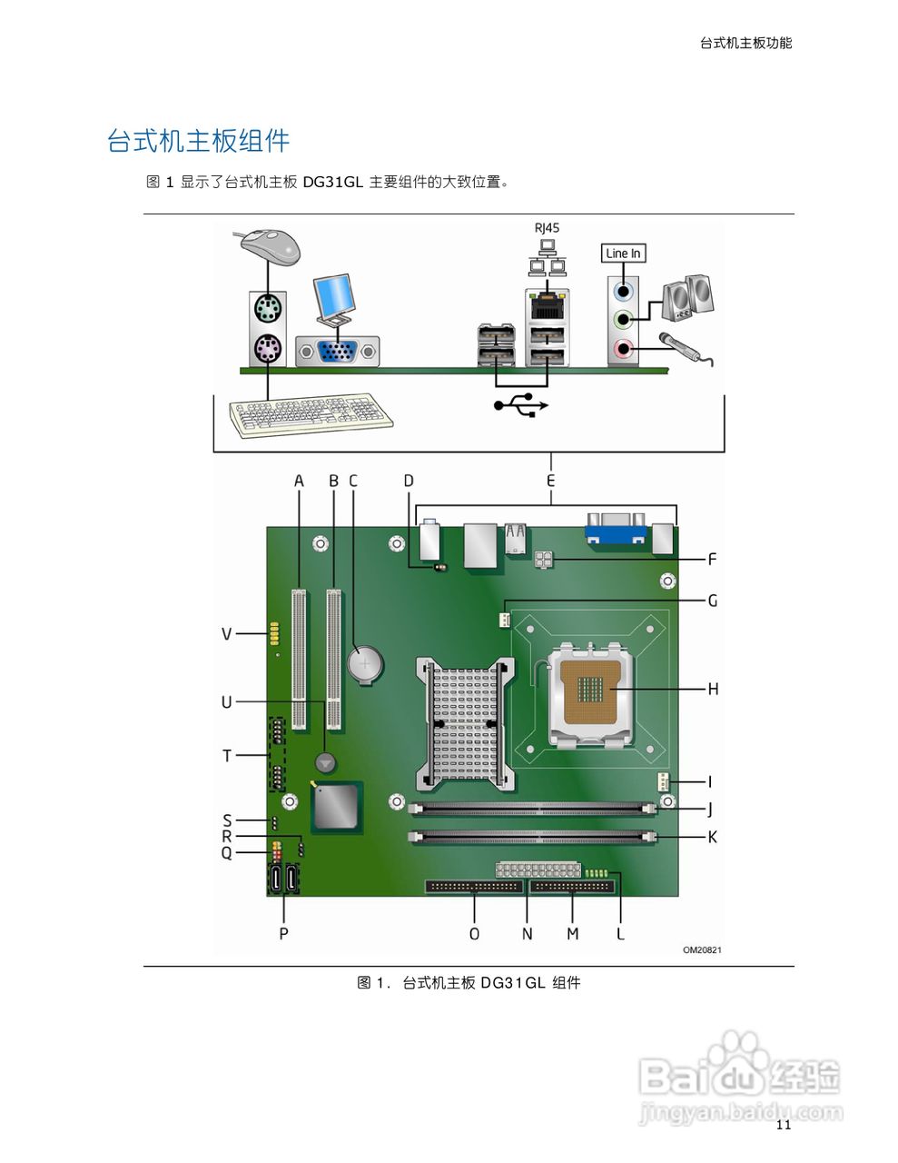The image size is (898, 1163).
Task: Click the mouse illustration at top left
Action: (x=271, y=245)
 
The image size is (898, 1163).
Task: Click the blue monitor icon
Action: (x=332, y=298)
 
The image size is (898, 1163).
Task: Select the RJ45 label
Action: (x=547, y=228)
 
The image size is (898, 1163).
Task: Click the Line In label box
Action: (x=623, y=253)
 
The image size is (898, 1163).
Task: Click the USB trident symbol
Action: (x=521, y=404)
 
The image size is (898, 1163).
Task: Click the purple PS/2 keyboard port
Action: (x=267, y=349)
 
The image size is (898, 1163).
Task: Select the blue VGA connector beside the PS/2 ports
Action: (x=338, y=351)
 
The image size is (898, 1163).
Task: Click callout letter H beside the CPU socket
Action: (x=713, y=689)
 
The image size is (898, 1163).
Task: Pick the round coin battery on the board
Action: (x=367, y=664)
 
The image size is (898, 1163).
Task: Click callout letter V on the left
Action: (x=226, y=633)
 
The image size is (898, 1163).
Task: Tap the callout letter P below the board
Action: (x=284, y=933)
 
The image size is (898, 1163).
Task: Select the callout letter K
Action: (x=712, y=837)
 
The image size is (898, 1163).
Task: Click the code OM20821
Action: (x=702, y=950)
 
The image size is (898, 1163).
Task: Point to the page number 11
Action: (x=784, y=1125)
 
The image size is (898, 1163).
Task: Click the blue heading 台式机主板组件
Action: (x=198, y=141)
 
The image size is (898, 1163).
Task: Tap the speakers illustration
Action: (x=687, y=298)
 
